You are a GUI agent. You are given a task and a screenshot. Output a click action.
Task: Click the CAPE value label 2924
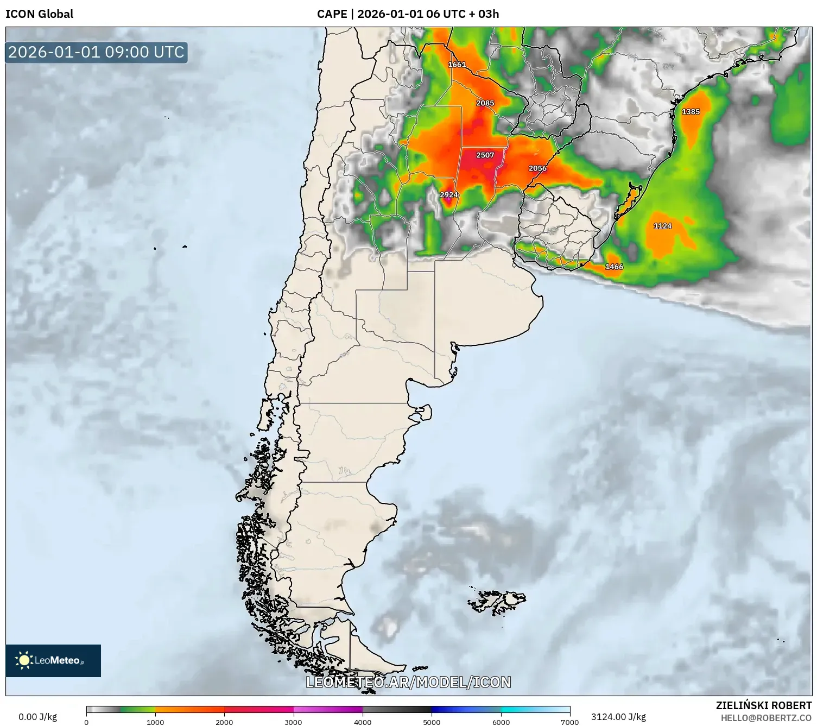click(x=448, y=195)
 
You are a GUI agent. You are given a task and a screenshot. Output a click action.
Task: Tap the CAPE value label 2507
click(x=485, y=155)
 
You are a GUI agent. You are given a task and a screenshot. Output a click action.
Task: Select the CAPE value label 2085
click(x=485, y=103)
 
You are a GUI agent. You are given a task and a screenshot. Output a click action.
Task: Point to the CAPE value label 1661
click(x=457, y=65)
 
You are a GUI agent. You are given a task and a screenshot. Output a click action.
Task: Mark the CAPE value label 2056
click(x=537, y=168)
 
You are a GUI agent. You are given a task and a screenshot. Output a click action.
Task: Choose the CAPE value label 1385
click(x=691, y=112)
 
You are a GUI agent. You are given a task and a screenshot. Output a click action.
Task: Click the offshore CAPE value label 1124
click(x=662, y=226)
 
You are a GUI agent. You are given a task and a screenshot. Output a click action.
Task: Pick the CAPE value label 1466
click(x=614, y=267)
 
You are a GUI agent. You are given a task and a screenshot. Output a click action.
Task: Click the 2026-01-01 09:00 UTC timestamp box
click(x=96, y=52)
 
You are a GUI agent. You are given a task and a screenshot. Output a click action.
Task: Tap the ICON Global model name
click(x=39, y=14)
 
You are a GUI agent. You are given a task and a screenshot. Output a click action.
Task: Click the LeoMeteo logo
click(x=53, y=660)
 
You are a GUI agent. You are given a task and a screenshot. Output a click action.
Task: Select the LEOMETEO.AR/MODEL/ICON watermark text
click(x=408, y=682)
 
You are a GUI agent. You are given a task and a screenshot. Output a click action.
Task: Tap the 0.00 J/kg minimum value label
click(x=37, y=717)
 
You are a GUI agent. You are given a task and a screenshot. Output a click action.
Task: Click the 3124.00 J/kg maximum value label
click(x=618, y=717)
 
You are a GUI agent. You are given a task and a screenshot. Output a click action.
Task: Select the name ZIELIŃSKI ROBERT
click(x=763, y=705)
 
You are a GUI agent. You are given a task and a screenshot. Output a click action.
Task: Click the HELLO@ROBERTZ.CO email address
click(x=766, y=718)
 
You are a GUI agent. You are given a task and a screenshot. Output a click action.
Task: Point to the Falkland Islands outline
click(x=497, y=601)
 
